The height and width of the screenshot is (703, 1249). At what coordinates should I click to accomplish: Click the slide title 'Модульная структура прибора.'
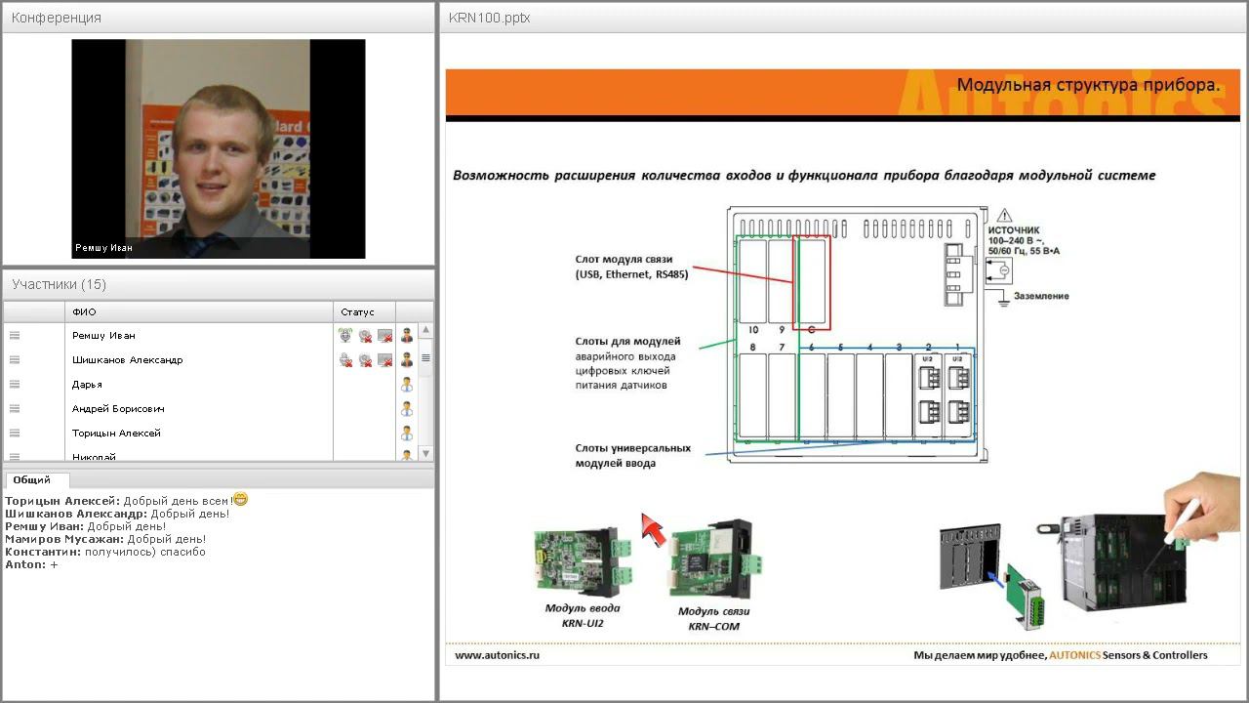click(x=1088, y=85)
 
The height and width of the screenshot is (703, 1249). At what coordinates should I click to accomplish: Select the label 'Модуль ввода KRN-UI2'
click(x=584, y=615)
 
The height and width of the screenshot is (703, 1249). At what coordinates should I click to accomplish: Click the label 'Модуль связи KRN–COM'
click(x=714, y=619)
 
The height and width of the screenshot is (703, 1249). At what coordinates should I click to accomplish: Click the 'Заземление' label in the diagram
click(x=1041, y=296)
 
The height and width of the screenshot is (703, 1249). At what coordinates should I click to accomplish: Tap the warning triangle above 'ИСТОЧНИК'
click(x=1004, y=216)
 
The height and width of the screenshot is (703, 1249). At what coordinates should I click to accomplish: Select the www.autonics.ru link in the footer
click(x=497, y=655)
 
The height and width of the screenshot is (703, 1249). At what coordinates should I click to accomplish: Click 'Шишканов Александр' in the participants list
click(x=127, y=360)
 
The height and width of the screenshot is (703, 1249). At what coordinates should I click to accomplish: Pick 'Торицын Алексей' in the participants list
click(x=116, y=434)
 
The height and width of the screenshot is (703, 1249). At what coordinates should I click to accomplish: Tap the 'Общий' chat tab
click(x=32, y=480)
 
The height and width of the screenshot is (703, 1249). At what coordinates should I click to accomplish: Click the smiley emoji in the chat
click(x=240, y=499)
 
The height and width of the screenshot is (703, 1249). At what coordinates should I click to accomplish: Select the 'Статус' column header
click(x=357, y=312)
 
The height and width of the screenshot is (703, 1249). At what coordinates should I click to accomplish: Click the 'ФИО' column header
click(x=84, y=312)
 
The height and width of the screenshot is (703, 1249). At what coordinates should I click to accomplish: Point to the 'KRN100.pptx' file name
click(x=489, y=18)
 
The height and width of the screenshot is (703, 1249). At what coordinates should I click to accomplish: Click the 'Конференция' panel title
click(x=57, y=18)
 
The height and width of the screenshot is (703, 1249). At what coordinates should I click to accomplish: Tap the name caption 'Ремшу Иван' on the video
click(x=104, y=248)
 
